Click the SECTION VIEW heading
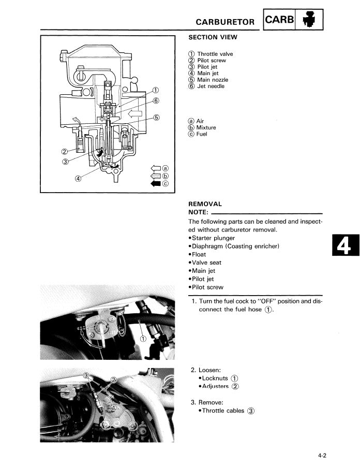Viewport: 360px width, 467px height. [x=213, y=37]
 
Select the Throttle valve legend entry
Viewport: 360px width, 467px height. [x=215, y=54]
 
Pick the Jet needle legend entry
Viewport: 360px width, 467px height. [x=211, y=86]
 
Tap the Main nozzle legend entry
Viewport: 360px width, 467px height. [x=212, y=80]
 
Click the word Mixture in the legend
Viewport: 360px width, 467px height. [x=206, y=127]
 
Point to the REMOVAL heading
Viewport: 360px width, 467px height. [x=205, y=204]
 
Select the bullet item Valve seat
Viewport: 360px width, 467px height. [x=207, y=262]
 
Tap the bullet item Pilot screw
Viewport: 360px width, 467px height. [x=208, y=287]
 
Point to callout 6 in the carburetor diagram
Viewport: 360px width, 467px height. [x=156, y=100]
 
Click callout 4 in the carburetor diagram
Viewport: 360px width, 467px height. [x=78, y=179]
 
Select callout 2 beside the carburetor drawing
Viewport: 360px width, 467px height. [x=65, y=152]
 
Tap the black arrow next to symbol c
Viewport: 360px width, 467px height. [x=156, y=183]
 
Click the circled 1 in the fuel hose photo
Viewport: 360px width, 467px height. [x=143, y=339]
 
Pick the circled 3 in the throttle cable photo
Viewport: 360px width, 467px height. [x=87, y=375]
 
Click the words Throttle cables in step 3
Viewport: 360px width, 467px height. [x=223, y=411]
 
